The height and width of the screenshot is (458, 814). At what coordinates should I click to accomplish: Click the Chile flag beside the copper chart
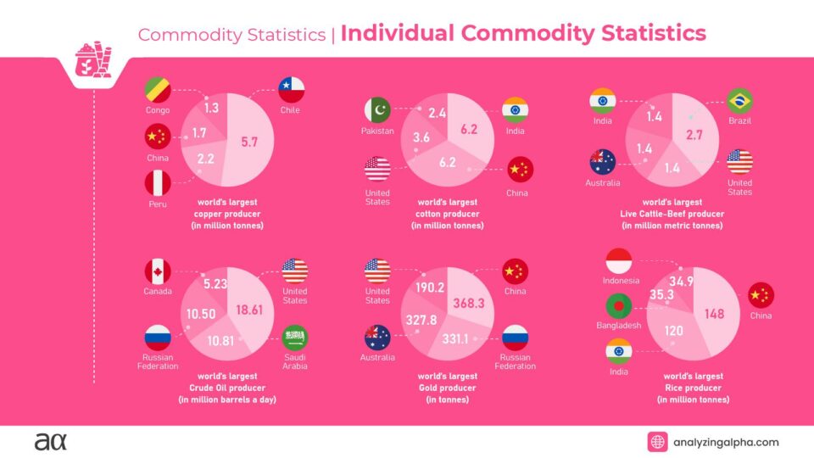(x=292, y=89)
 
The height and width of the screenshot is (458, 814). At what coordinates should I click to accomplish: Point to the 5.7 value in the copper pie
(x=249, y=142)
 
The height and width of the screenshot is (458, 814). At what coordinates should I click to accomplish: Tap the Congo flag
(x=157, y=89)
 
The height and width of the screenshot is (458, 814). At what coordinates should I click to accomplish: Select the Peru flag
(x=157, y=183)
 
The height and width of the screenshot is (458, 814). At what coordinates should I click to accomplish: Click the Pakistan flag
(x=378, y=110)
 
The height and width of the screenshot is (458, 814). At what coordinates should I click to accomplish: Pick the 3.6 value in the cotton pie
(x=421, y=137)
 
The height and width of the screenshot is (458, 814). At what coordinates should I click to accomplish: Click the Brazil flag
(x=739, y=101)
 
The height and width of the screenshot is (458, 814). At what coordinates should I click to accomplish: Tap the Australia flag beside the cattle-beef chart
(x=603, y=161)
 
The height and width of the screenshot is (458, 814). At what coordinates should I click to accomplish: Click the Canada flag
(x=157, y=271)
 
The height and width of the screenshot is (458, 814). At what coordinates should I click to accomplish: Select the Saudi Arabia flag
(x=294, y=338)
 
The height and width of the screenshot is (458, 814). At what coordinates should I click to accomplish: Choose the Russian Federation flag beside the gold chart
(x=515, y=338)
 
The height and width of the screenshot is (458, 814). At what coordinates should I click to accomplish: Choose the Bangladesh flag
(x=620, y=305)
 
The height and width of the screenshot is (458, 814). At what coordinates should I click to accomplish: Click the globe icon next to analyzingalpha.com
(x=658, y=442)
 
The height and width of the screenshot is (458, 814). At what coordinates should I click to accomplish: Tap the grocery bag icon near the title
(x=90, y=59)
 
